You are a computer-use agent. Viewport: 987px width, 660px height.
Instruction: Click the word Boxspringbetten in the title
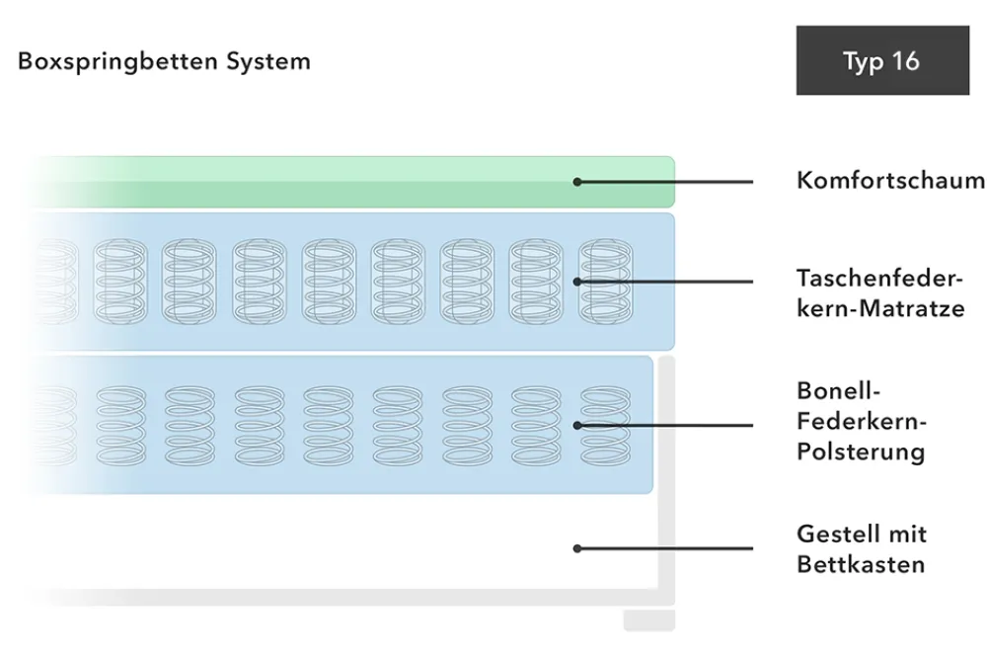[117, 62]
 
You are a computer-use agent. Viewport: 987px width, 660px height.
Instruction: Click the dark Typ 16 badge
[882, 60]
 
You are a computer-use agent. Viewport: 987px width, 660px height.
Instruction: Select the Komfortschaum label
[890, 180]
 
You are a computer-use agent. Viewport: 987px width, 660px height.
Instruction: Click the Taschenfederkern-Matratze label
[880, 293]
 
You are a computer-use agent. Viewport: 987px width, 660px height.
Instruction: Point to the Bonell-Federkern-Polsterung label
[861, 421]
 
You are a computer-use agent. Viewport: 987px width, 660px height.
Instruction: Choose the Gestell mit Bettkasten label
[862, 549]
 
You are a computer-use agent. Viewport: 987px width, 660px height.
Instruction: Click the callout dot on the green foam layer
[577, 182]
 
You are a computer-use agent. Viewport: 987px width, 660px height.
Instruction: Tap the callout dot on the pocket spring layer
[577, 282]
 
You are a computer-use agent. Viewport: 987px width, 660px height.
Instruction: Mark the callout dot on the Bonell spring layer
[577, 426]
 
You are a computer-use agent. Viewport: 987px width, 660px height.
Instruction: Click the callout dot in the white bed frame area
[577, 548]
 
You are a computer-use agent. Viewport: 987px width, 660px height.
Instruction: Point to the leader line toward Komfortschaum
[664, 182]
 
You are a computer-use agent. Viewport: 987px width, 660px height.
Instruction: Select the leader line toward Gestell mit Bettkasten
[664, 548]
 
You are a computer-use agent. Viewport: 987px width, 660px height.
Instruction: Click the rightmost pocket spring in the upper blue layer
[606, 282]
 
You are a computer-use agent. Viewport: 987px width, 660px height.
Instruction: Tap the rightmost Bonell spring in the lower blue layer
[605, 426]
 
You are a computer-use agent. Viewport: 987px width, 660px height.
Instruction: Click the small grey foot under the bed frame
[649, 619]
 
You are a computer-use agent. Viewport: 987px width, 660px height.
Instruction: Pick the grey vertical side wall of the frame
[666, 479]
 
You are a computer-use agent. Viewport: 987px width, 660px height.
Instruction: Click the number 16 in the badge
[906, 61]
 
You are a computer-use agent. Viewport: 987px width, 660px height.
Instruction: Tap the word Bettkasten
[861, 564]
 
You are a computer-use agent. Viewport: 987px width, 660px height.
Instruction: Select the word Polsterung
[861, 452]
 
